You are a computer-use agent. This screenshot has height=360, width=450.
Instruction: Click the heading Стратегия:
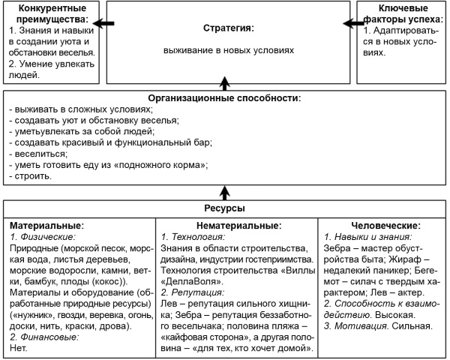tap(229, 28)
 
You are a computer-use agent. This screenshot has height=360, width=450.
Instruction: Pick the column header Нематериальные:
tap(238, 225)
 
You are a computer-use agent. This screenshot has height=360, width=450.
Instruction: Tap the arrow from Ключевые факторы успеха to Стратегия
tap(347, 24)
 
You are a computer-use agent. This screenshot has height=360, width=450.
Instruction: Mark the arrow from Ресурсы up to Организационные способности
tap(224, 190)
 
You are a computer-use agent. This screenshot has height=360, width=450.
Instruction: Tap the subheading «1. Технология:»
tap(194, 235)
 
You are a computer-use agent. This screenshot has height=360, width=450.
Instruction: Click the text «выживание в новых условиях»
tap(229, 51)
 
